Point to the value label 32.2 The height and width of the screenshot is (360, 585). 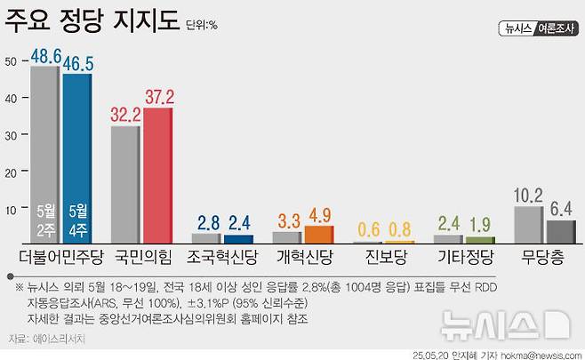(x=126, y=114)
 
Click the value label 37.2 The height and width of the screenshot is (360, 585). (x=160, y=95)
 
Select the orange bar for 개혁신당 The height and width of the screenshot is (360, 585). (x=319, y=235)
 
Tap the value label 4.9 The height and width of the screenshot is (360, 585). (x=319, y=214)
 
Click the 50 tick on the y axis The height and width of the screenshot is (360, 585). (x=10, y=61)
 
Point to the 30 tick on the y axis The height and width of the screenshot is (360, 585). (x=10, y=135)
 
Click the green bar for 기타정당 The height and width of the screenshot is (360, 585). (x=481, y=240)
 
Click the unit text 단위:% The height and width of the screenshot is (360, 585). (x=202, y=26)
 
